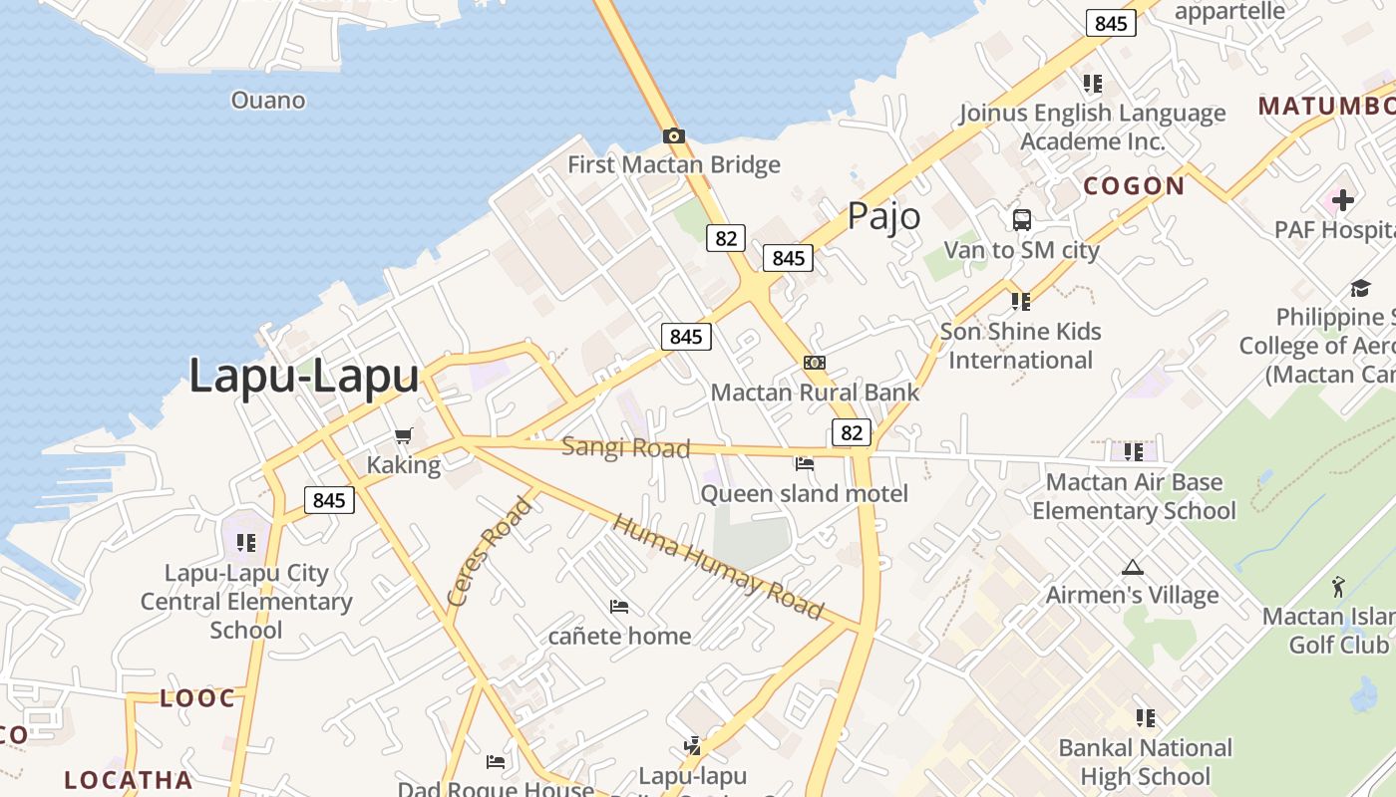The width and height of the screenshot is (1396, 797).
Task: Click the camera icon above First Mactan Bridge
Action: pos(674,135)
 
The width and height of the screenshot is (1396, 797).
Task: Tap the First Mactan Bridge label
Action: pos(674,164)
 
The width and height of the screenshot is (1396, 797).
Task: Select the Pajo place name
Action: pos(883,216)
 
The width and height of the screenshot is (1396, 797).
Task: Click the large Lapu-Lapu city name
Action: pos(304,377)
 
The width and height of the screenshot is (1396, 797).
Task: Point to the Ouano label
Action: pos(268,100)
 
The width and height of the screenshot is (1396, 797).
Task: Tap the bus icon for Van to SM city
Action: pos(1022,220)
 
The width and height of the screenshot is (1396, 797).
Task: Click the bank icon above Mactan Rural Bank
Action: pos(815,363)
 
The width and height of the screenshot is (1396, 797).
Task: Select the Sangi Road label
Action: pos(625,447)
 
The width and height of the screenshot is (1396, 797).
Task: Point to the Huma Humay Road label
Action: pos(719,565)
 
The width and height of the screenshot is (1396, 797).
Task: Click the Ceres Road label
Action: pos(490,552)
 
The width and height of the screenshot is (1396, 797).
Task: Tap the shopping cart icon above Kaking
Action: pos(404,435)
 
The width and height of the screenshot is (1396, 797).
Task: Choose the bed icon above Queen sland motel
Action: pos(805,463)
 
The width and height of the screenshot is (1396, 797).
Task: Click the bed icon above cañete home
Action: pos(619,606)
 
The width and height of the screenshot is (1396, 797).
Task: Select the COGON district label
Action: pos(1134,185)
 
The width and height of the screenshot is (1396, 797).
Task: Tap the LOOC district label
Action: pos(198,698)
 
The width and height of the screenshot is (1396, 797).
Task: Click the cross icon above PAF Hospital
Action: pos(1343,200)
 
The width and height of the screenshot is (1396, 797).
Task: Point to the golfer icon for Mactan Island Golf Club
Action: pos(1339,587)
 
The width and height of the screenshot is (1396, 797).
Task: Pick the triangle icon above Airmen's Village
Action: pos(1132,567)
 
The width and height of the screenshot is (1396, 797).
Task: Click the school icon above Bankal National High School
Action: pos(1146,717)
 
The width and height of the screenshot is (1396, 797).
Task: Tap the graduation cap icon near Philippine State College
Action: pos(1360,289)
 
